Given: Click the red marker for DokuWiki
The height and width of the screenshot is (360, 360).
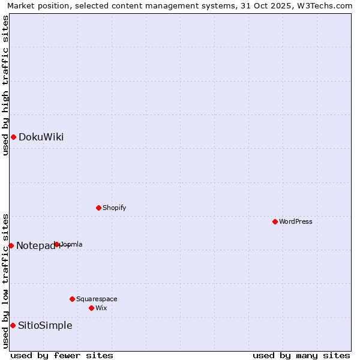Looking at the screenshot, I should point(13,137).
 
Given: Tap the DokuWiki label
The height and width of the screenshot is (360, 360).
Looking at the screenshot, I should point(41,137).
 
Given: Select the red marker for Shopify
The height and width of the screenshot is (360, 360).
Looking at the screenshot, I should point(98,208).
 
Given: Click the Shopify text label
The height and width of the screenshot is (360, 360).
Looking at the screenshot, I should point(114,208).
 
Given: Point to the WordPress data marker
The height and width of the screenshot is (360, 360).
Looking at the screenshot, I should point(275,222).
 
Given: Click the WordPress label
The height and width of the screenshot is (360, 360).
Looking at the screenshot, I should point(295,222).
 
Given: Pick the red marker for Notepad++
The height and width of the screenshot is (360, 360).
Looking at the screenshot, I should point(11,245).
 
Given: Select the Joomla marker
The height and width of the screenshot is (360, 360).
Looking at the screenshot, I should point(57,245).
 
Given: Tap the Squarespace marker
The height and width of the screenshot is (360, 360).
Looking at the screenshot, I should point(72,299).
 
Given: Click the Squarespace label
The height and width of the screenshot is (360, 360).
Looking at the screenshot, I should point(97,299).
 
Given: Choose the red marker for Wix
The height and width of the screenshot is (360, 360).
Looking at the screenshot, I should point(91,308).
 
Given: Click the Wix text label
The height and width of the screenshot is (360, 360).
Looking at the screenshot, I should point(101,308).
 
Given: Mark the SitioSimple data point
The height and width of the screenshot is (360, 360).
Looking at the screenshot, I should point(13,326).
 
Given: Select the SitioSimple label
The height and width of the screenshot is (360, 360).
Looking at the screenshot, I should point(45,326).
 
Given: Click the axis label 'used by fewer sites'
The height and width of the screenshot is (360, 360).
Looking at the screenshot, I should point(62,355).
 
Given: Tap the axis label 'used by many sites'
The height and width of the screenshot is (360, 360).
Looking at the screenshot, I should point(301,355).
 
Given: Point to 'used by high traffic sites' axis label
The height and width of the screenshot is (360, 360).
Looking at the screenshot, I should point(5,85).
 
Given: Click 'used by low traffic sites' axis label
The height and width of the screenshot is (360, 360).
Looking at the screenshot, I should point(5,281).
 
